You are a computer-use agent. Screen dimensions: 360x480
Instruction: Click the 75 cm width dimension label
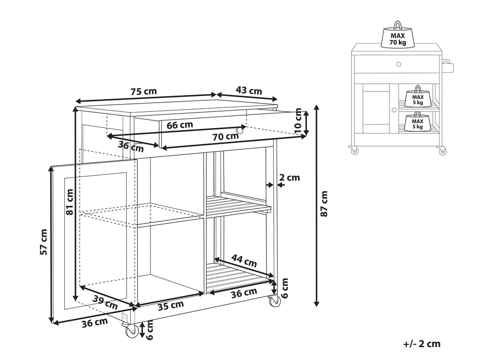[143, 92]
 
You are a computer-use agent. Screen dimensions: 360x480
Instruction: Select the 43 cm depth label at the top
[249, 91]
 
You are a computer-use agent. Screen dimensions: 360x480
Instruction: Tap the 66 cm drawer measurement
[180, 125]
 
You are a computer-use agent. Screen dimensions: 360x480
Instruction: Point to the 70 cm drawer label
[225, 137]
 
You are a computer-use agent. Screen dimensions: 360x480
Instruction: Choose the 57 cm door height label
[44, 242]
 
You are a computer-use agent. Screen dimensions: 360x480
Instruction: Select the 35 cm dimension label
[170, 305]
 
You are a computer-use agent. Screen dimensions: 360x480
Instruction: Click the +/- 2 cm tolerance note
[421, 344]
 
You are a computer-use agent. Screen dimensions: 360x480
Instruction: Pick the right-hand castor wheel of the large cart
[274, 302]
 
